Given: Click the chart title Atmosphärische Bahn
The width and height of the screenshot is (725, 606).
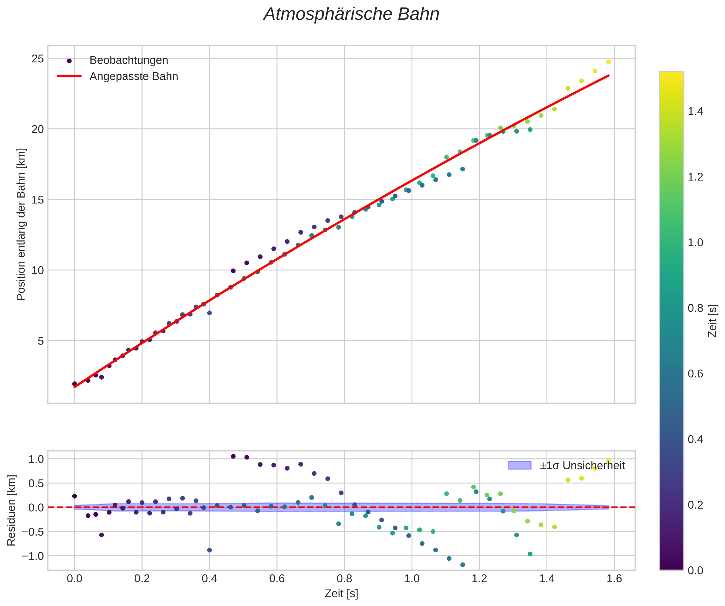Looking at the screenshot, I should tap(351, 15).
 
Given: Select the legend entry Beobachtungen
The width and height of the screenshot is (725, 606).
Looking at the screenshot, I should tap(129, 60).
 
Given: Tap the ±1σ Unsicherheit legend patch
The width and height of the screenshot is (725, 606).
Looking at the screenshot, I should tap(519, 465).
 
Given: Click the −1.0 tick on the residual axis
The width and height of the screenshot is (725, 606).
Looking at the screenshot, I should tap(33, 556).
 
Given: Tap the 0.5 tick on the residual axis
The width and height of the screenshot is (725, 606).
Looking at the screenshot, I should tap(36, 484).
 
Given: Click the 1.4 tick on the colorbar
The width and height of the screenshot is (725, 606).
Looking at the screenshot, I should tap(695, 111).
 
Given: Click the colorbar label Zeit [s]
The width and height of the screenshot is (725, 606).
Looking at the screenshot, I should tap(713, 321).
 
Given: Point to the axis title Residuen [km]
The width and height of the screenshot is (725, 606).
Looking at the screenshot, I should tap(12, 510).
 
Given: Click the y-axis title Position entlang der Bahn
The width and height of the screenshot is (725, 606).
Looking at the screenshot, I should tap(21, 224).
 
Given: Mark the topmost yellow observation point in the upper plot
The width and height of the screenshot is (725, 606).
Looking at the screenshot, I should tap(608, 62).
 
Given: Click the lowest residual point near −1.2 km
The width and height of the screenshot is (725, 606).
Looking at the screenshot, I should tap(463, 565).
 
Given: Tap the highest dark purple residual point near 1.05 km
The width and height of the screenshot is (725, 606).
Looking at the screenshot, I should tap(233, 456).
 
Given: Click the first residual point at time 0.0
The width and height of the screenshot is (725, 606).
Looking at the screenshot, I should tap(75, 496).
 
